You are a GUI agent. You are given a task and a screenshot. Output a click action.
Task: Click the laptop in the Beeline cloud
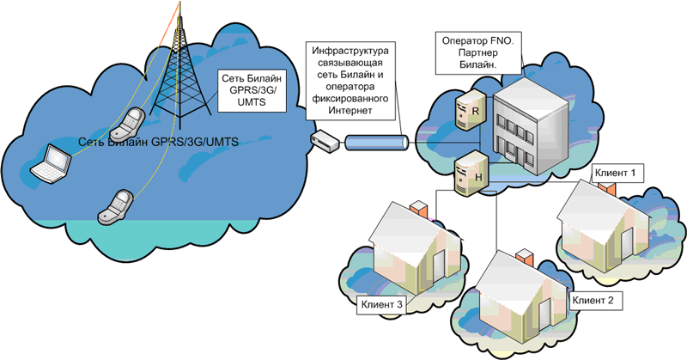(x=52, y=162)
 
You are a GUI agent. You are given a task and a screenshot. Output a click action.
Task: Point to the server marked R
(x=468, y=110)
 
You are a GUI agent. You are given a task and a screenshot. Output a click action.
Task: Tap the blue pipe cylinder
(x=377, y=143)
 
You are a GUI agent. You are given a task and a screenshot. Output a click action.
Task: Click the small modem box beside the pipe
(x=325, y=141)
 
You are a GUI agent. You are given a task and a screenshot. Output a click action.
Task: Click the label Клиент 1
(x=615, y=173)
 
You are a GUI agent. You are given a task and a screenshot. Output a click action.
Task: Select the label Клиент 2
(x=593, y=301)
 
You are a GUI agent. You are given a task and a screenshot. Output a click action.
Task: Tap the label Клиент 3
(x=381, y=304)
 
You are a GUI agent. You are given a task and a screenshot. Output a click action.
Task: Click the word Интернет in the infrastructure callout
(x=350, y=111)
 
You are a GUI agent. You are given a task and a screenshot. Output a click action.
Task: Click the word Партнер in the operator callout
(x=478, y=52)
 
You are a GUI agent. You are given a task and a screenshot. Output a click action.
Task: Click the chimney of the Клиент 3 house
(x=418, y=209)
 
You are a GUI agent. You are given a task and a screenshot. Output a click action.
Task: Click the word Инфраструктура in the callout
(x=350, y=51)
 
